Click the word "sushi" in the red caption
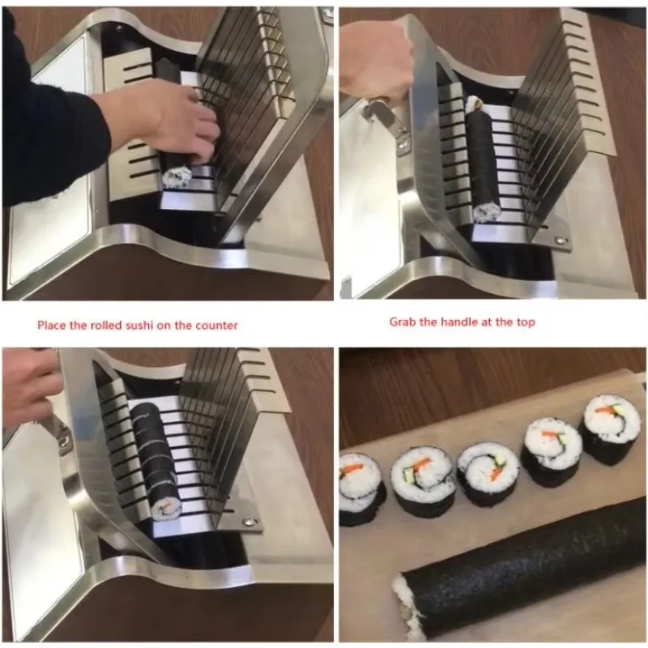click(x=139, y=326)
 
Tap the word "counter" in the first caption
click(x=216, y=326)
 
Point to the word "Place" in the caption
click(x=51, y=326)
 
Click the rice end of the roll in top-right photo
click(x=487, y=212)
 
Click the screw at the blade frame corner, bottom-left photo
click(x=249, y=521)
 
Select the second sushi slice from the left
click(x=422, y=485)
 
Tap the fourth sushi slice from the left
click(x=553, y=453)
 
